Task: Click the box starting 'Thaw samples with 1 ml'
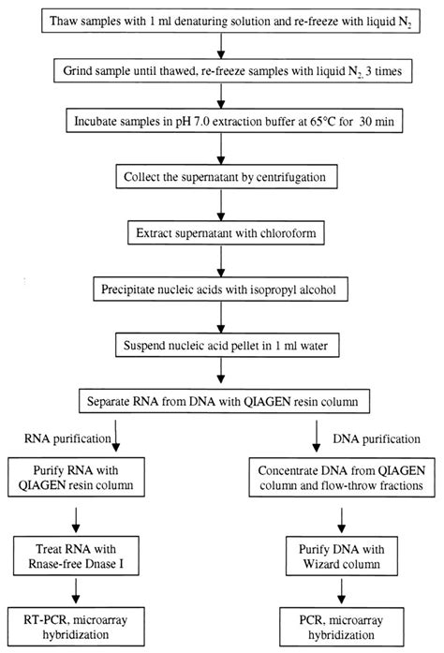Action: pos(222,20)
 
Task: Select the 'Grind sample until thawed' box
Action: pos(222,70)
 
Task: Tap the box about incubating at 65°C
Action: pos(222,121)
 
